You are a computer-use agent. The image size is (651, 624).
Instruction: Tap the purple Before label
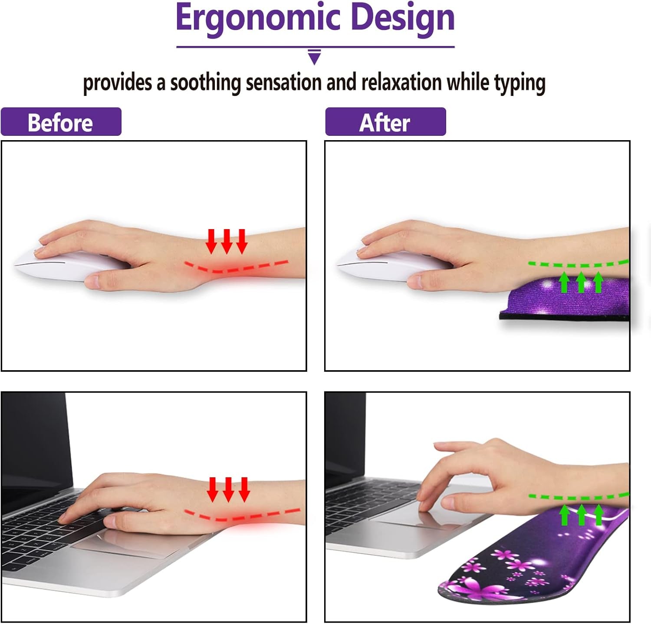click(x=61, y=122)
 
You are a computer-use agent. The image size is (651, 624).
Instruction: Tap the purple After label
click(x=385, y=122)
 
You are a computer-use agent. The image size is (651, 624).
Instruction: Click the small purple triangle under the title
click(x=314, y=57)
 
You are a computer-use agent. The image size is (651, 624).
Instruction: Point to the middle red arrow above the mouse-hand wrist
click(x=227, y=241)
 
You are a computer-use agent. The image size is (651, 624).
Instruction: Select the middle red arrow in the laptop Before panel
click(x=228, y=489)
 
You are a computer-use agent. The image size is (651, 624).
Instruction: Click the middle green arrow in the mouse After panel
click(x=581, y=282)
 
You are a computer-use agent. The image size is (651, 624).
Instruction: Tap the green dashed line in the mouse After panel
click(x=577, y=265)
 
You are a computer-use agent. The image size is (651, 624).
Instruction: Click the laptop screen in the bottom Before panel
click(x=33, y=438)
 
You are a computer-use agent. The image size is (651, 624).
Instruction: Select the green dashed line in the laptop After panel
click(x=577, y=497)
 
